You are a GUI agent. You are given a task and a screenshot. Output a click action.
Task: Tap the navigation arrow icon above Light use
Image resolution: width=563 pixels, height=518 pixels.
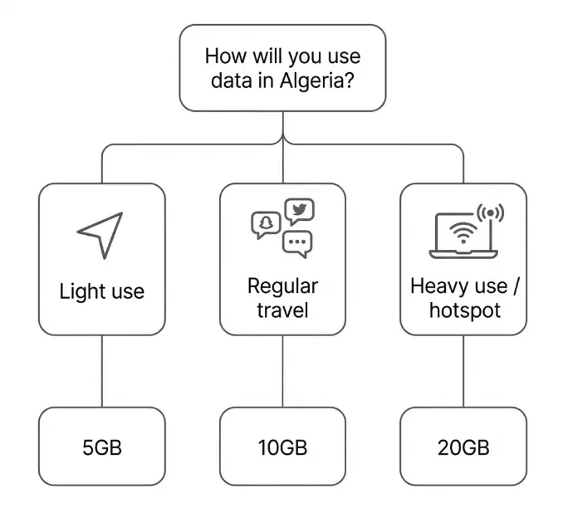[100, 233]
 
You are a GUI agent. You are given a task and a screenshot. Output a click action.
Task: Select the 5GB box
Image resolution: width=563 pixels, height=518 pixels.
[101, 447]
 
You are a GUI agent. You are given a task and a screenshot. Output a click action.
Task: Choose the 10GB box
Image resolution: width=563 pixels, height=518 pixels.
[282, 447]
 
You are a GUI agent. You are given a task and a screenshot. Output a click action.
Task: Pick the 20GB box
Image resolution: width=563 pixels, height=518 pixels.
[463, 447]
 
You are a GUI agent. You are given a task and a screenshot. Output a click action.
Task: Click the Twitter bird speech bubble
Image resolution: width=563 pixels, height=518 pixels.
[299, 211]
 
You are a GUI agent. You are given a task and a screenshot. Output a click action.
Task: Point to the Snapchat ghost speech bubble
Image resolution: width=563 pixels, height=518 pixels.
[264, 224]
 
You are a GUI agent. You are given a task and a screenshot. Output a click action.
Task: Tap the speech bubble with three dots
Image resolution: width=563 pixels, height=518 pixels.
[296, 242]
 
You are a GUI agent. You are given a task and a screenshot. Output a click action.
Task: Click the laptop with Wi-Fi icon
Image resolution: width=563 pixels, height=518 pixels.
[461, 235]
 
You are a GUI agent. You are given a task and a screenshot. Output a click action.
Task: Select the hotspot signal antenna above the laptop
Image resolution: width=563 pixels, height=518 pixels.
[491, 214]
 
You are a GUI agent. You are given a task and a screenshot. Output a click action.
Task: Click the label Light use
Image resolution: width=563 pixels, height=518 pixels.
[101, 291]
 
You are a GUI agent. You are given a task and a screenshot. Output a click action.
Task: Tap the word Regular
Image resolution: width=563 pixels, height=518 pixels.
[282, 286]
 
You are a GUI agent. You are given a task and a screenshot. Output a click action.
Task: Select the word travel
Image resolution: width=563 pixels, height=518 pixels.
[282, 310]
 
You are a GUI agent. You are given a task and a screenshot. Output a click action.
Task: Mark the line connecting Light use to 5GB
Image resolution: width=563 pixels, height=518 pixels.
[101, 371]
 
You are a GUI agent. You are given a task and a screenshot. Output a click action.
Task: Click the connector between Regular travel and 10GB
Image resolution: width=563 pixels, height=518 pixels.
[282, 371]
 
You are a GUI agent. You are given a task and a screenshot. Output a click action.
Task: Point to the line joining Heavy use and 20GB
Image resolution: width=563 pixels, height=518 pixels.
[463, 371]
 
